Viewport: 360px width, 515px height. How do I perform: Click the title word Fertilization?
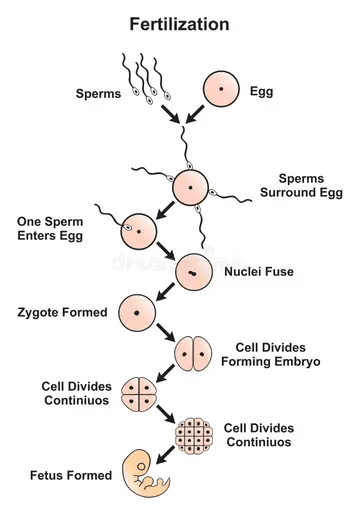(179, 24)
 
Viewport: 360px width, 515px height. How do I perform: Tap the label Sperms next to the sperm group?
(98, 94)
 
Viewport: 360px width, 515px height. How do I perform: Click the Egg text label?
(262, 91)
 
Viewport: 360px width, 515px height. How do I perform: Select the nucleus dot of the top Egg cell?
(221, 89)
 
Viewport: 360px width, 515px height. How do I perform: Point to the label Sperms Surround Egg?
(301, 185)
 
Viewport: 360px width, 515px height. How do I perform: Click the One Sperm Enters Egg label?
(50, 229)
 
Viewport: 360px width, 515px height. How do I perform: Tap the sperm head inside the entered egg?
(128, 228)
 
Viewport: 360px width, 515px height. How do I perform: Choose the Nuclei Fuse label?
(259, 272)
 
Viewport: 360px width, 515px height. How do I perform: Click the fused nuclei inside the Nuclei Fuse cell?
(192, 273)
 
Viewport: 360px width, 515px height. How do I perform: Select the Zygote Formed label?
(62, 313)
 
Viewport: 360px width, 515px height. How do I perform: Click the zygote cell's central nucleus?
(137, 313)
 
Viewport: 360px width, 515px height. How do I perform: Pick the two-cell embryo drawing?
(193, 354)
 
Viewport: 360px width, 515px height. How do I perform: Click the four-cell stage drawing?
(139, 394)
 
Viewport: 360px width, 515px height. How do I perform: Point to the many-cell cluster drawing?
(194, 436)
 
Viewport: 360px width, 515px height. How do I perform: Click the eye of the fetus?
(142, 467)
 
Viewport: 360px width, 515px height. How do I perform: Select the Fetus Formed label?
(71, 475)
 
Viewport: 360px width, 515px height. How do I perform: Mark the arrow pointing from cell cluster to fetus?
(165, 455)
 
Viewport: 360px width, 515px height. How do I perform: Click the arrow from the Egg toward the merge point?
(195, 114)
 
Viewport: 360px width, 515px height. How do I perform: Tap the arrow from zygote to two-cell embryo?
(166, 332)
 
